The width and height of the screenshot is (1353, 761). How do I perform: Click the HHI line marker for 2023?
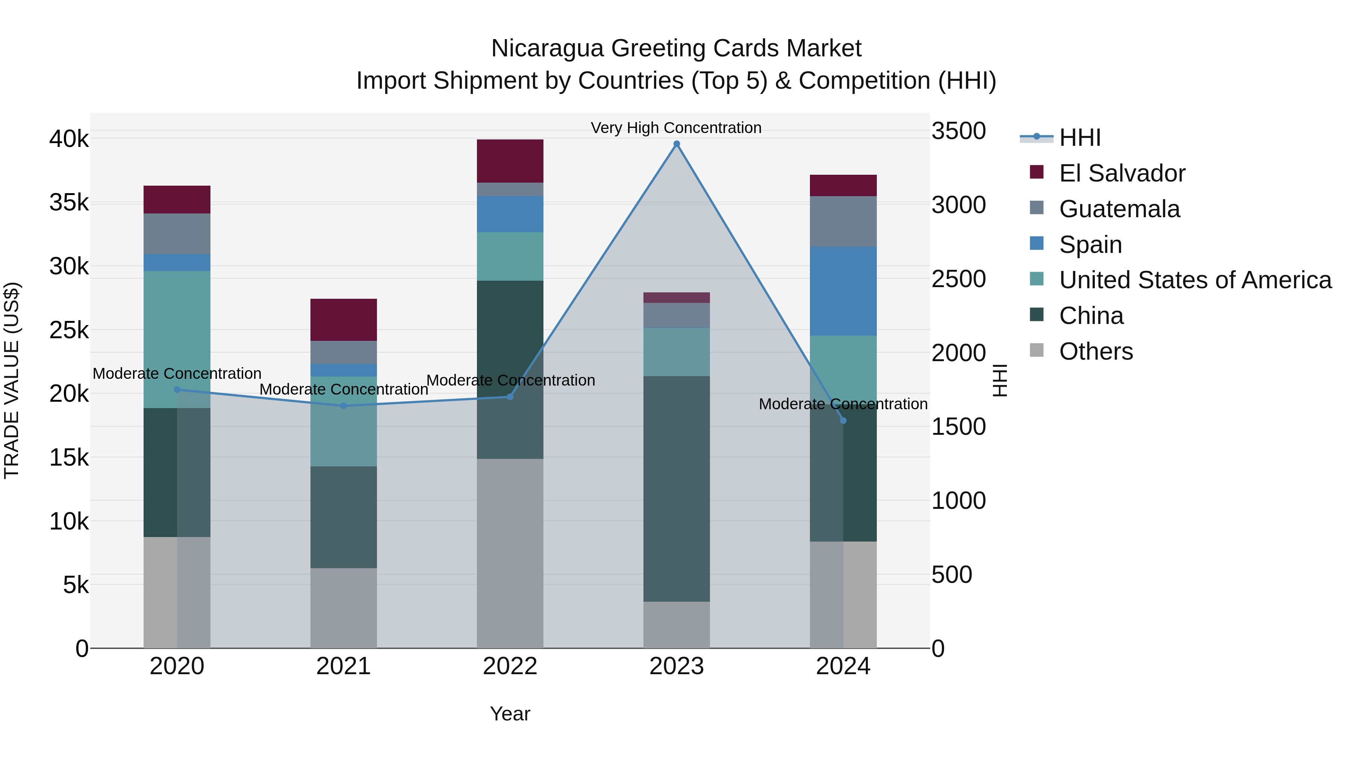point(676,144)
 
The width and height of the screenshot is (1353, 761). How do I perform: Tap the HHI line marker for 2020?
point(177,390)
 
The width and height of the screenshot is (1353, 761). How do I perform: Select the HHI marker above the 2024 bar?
point(843,421)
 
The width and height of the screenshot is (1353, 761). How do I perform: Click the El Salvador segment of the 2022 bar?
point(510,161)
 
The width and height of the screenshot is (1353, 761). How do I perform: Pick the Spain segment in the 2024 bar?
point(843,291)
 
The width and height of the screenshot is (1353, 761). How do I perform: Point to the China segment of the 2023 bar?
point(676,489)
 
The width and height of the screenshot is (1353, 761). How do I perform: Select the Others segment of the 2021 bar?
point(344,608)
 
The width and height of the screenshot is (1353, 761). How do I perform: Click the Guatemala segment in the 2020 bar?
point(177,234)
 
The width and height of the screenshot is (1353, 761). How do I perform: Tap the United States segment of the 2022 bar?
point(510,256)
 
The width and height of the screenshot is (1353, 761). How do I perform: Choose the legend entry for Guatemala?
point(1119,209)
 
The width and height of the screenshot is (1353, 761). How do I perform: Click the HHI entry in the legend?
point(1079,138)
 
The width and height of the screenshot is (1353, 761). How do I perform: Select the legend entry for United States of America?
point(1195,280)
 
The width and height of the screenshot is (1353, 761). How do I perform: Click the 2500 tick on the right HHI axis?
point(958,279)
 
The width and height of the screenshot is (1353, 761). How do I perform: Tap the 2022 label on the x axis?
point(510,666)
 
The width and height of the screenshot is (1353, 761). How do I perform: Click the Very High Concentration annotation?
point(676,128)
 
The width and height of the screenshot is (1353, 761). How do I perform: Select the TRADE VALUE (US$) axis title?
point(12,380)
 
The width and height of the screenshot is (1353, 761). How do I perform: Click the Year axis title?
point(510,714)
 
